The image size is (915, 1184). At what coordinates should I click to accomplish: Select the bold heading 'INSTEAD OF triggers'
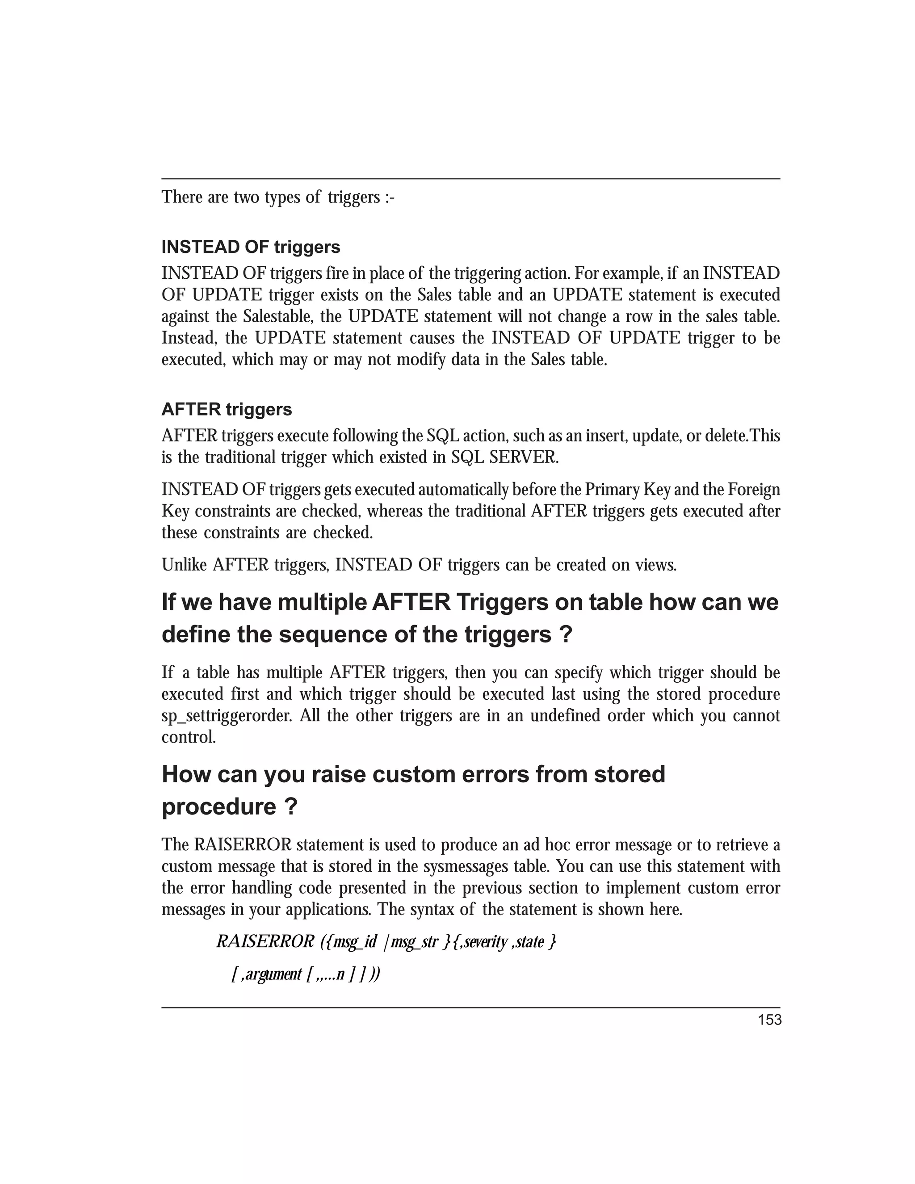coord(251,247)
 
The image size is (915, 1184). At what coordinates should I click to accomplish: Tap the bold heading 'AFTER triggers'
coord(227,409)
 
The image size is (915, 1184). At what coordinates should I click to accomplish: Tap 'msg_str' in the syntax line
coord(414,942)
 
